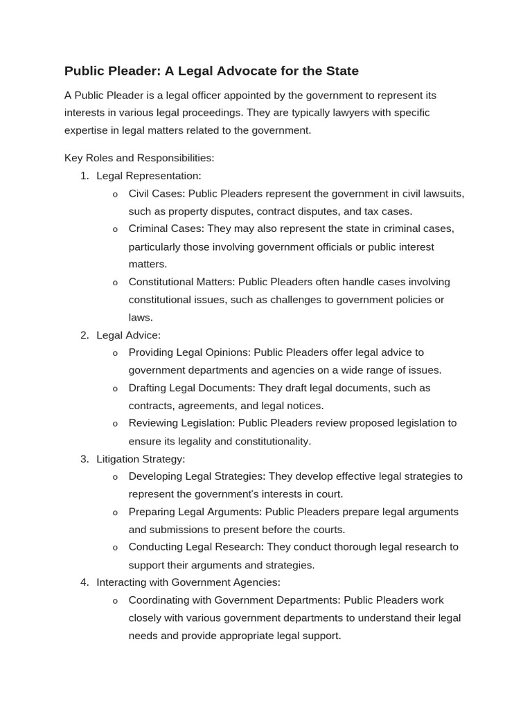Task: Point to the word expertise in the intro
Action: [87, 130]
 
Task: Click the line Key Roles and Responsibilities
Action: [139, 158]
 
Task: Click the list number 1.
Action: [84, 176]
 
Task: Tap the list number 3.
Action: [84, 458]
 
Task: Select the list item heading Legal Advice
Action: [128, 335]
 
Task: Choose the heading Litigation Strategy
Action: [141, 458]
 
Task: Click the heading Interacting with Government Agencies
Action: [188, 582]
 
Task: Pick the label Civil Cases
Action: [156, 193]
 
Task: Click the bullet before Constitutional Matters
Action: [115, 282]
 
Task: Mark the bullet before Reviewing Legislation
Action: [115, 424]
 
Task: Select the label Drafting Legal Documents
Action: [190, 388]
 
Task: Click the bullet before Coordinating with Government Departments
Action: [115, 600]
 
